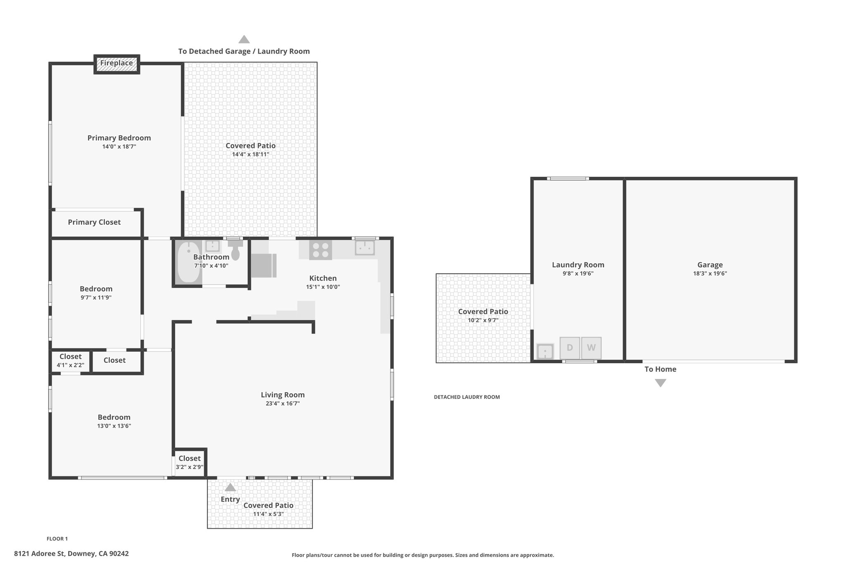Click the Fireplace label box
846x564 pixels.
(x=116, y=64)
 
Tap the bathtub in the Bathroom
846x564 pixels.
(x=188, y=262)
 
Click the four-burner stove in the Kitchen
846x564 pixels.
(x=321, y=250)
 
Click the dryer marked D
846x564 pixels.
(x=570, y=348)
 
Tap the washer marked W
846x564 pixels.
(x=591, y=348)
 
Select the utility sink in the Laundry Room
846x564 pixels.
(x=545, y=352)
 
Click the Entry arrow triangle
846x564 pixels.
(x=230, y=487)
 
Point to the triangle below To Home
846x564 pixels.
(x=661, y=383)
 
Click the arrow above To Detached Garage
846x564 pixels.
(x=244, y=39)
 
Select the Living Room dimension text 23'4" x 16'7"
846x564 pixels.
(x=283, y=404)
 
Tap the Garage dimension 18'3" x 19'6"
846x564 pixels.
(x=710, y=274)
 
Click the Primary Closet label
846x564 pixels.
(x=94, y=222)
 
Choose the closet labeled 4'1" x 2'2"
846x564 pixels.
(x=70, y=361)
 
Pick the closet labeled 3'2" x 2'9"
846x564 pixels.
(x=190, y=463)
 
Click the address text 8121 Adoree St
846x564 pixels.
(x=39, y=554)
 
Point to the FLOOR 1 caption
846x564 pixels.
(x=57, y=539)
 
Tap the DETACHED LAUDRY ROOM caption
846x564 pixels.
(x=467, y=397)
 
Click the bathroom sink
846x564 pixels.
(x=212, y=246)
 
